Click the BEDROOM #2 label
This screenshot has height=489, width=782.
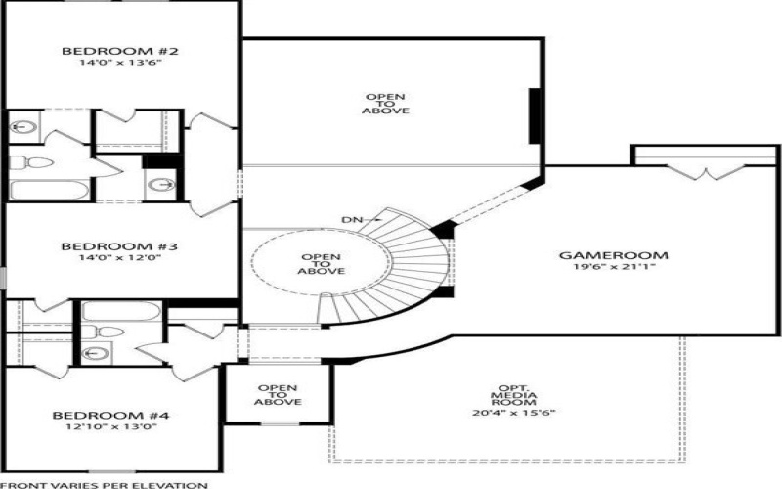coord(106,51)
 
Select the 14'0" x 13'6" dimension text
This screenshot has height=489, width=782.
coord(106,65)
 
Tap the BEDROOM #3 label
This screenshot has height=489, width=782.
coord(106,246)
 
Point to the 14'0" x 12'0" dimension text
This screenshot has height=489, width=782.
coord(106,260)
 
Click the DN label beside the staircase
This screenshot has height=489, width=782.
coord(354,220)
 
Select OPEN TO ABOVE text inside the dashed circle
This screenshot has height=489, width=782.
coord(321,264)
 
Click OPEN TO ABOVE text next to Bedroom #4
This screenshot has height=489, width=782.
coord(278,394)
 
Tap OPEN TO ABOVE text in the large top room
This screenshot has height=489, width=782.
coord(387,104)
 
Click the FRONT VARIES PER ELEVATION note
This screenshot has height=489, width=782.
coord(104,484)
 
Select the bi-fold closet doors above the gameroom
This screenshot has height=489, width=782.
coord(706,172)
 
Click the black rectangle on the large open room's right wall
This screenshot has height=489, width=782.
coord(535,113)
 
